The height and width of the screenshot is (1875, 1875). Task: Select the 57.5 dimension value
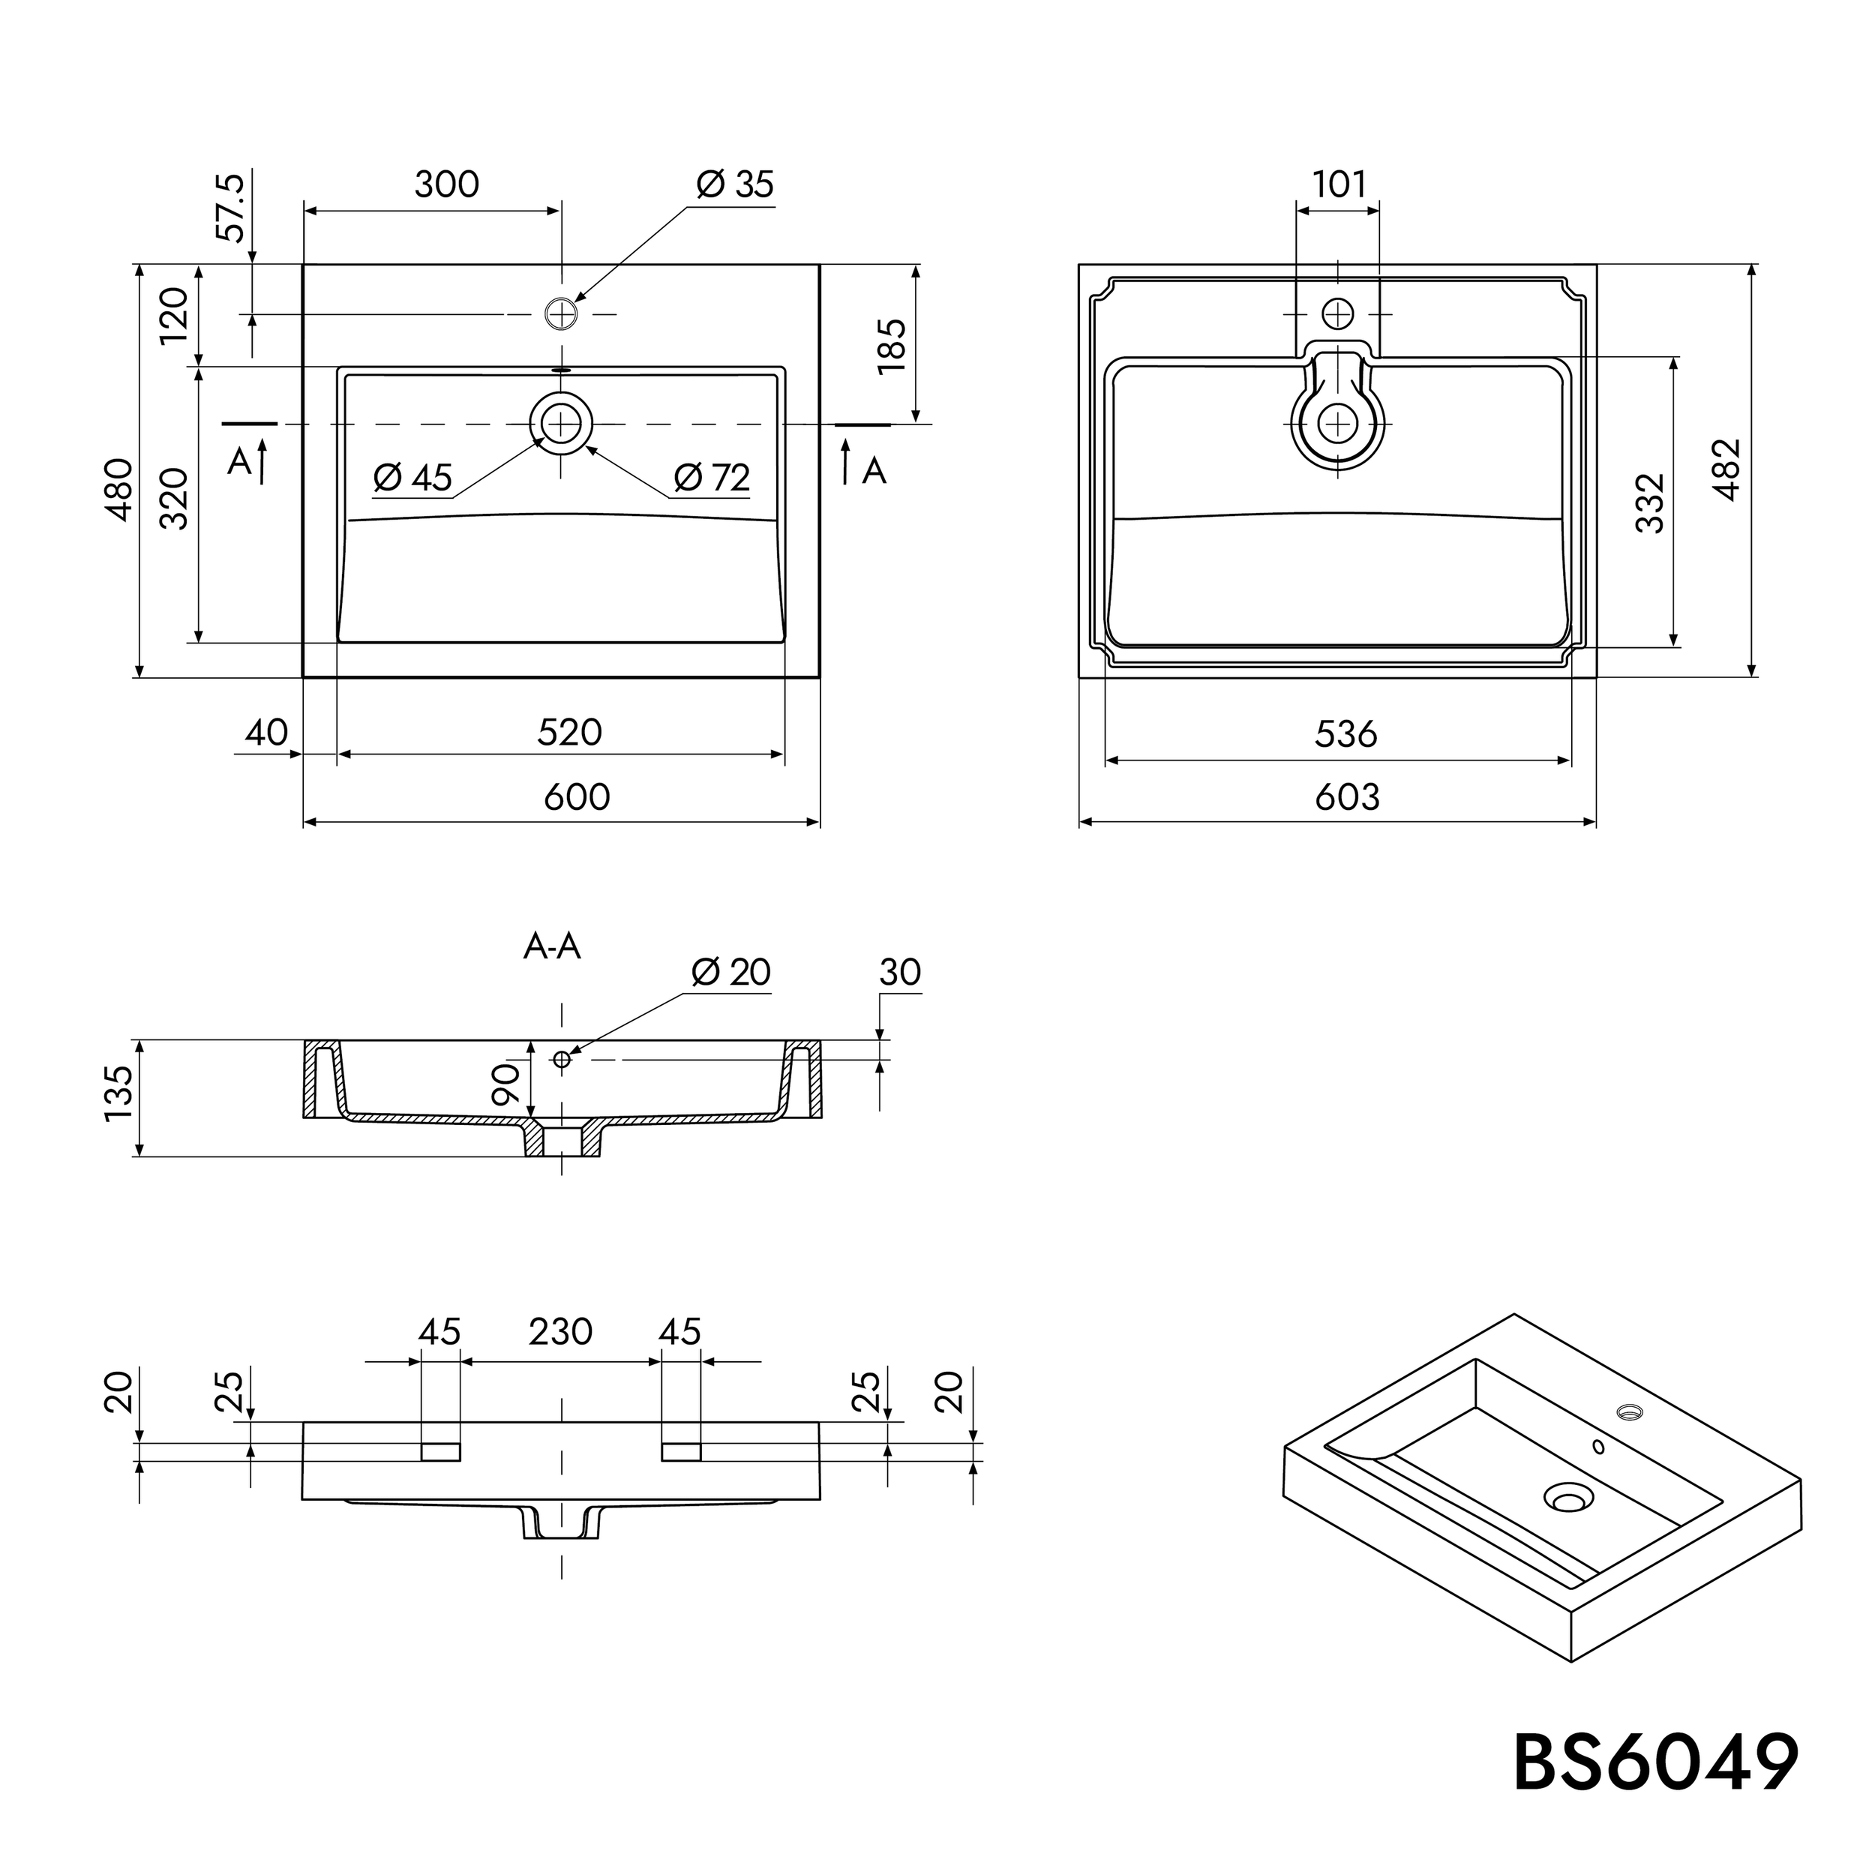click(x=230, y=208)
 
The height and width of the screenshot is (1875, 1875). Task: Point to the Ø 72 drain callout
click(x=711, y=478)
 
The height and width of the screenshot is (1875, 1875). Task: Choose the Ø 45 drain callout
click(x=412, y=478)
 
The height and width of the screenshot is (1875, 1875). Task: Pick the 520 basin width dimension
click(x=570, y=733)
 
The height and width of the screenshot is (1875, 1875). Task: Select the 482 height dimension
click(x=1726, y=469)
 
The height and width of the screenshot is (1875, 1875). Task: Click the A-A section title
click(x=551, y=946)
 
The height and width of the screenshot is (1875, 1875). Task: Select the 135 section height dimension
click(x=118, y=1093)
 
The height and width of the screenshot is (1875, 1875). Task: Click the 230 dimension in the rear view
click(x=560, y=1331)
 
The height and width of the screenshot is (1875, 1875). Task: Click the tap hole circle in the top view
click(x=561, y=313)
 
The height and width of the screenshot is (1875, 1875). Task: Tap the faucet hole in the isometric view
click(x=1627, y=1410)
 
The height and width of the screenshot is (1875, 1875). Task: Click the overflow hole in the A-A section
click(x=561, y=1059)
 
